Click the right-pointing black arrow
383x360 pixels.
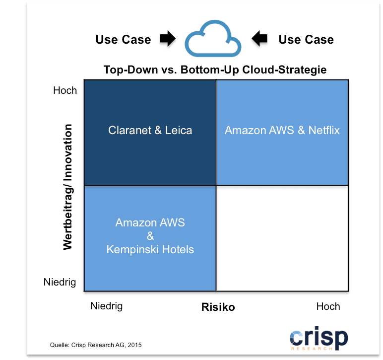point(168,38)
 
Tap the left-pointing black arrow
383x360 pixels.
point(259,38)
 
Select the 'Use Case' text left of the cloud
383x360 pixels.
point(123,40)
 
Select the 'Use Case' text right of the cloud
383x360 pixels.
point(306,40)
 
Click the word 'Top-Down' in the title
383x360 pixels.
point(130,70)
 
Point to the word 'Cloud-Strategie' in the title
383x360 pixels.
point(284,70)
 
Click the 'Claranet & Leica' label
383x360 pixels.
point(150,130)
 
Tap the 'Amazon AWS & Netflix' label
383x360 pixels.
point(282,130)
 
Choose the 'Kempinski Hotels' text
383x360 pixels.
point(150,250)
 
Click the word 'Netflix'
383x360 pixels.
point(324,130)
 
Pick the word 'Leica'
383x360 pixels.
point(179,130)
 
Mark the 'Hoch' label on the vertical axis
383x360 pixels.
point(65,90)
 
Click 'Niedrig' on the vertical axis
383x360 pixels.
point(60,282)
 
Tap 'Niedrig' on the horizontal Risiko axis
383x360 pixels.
point(107,306)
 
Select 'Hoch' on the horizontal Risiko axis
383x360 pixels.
point(328,306)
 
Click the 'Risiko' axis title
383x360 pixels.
point(218,307)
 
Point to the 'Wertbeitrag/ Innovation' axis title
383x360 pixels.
point(67,187)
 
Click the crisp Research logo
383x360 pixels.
point(319,339)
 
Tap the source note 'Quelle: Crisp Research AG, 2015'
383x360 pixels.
point(96,345)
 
